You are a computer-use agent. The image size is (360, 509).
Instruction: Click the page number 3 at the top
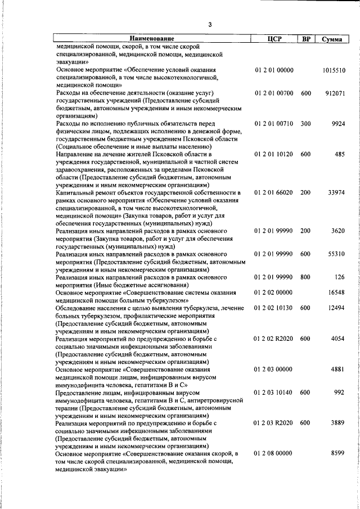210,24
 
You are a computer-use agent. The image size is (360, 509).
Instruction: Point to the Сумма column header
334,39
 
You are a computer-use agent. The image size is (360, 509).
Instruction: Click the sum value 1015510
334,70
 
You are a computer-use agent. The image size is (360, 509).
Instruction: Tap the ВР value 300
306,123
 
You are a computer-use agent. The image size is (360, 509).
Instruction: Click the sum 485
339,154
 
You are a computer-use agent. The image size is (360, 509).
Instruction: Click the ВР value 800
306,277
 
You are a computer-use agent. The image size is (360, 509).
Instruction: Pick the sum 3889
338,422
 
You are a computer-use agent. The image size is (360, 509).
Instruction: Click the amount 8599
338,453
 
